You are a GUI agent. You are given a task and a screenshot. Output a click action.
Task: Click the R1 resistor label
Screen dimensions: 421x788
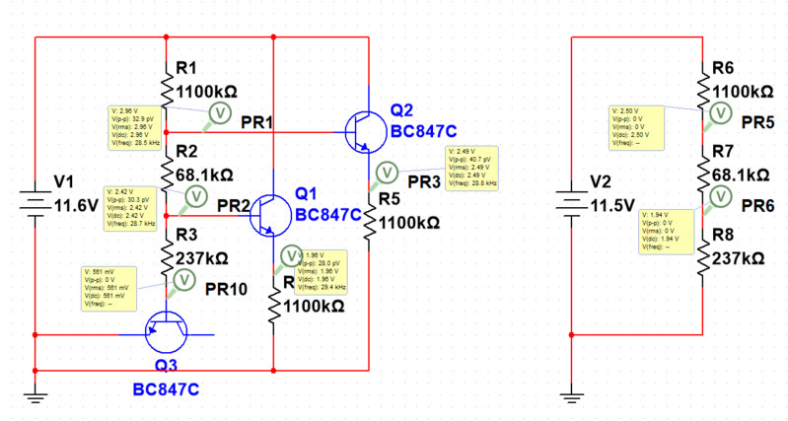[187, 68]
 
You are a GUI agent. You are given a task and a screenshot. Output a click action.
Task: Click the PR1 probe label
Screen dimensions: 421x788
[258, 121]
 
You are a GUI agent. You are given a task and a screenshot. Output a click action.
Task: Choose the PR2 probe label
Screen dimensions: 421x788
[233, 206]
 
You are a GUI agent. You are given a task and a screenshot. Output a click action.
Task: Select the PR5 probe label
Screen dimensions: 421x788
[758, 122]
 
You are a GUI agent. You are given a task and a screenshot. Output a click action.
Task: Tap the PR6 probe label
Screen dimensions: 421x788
[758, 205]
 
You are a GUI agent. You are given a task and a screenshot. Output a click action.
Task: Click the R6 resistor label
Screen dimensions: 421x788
[724, 68]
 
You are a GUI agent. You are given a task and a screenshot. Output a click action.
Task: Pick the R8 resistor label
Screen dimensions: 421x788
[724, 236]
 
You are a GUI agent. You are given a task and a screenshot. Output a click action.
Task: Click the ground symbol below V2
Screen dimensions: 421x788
[572, 396]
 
